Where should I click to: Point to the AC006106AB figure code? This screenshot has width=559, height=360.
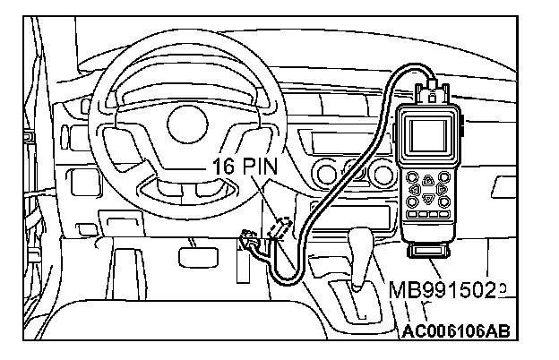click(x=456, y=332)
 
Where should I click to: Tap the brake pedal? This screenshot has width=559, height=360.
click(x=193, y=257)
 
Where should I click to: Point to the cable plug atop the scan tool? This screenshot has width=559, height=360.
click(x=434, y=89)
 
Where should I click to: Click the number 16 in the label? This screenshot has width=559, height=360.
click(x=224, y=166)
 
